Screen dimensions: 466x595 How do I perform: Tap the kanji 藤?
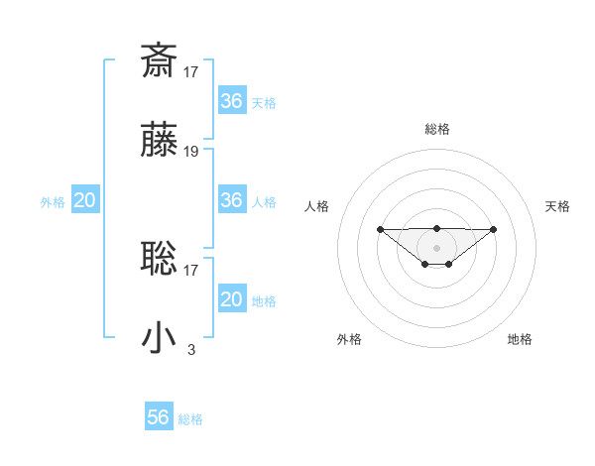point(160,141)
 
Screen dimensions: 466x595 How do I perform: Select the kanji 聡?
point(160,258)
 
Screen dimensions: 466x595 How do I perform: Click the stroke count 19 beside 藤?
point(191,152)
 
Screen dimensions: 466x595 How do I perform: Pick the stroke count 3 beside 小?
point(191,349)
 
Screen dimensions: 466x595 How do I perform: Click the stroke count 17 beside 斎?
point(191,70)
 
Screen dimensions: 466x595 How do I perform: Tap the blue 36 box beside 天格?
point(231,101)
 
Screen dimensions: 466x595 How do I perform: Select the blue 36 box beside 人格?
point(231,200)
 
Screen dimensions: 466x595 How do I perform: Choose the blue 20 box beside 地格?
point(231,299)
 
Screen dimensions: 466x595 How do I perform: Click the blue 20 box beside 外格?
point(84,200)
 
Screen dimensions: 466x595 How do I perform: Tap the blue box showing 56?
point(159,417)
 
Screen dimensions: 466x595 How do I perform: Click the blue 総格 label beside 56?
point(190,419)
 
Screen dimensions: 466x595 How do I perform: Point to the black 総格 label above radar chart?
point(437,129)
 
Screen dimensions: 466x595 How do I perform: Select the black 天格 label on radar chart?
point(557,206)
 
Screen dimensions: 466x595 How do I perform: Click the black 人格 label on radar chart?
point(316,206)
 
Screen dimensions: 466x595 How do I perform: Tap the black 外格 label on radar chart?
point(349,339)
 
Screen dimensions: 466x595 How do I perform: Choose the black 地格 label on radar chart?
point(520,339)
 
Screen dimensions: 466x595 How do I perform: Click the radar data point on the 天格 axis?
point(494,229)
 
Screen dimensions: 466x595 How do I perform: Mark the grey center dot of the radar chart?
point(437,247)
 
